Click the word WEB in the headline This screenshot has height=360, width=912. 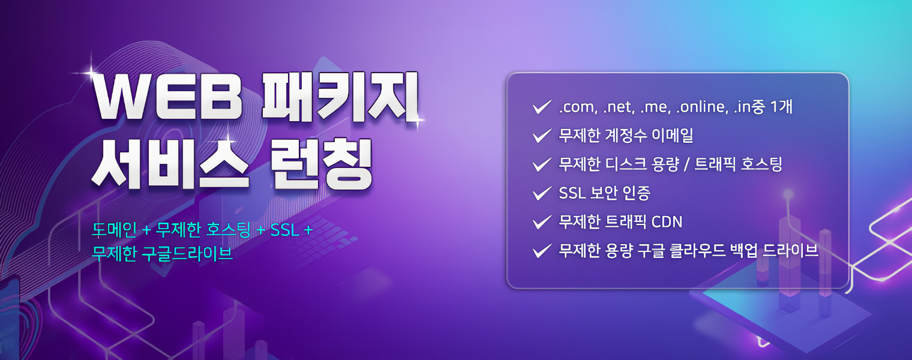coord(168,98)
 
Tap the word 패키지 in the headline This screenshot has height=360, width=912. coord(340,97)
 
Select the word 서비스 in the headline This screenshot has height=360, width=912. coord(170,164)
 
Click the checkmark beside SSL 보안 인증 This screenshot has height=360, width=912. coord(542,193)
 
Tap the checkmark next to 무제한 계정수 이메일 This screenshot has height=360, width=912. coord(542,136)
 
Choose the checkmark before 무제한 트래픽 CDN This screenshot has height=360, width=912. coord(542,222)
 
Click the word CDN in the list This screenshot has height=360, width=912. coord(667,222)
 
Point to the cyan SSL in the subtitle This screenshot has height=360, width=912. coord(284,230)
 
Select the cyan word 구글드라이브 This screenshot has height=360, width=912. coord(187,253)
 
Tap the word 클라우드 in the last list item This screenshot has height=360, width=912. coord(697,250)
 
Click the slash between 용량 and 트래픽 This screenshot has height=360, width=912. coord(686,164)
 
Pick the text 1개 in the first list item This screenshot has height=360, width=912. coord(781,107)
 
